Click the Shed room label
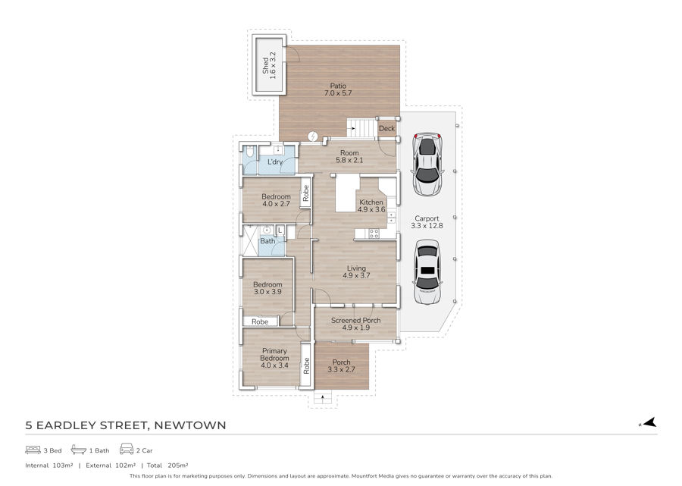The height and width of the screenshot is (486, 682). [265, 65]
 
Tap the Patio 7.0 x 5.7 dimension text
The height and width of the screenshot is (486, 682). [338, 93]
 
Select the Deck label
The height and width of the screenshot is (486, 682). [386, 128]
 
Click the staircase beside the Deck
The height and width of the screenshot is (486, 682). [361, 128]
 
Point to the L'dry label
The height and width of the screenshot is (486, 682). [275, 161]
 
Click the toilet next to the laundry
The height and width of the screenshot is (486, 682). [250, 153]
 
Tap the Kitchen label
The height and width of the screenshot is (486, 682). [371, 202]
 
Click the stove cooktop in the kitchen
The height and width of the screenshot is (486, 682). [374, 234]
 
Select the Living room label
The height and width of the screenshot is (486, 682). [356, 268]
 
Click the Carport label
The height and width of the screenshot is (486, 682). [427, 218]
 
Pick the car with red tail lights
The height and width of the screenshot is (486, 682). [427, 164]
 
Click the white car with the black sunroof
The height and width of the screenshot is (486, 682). [427, 272]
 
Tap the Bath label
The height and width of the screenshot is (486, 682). [267, 241]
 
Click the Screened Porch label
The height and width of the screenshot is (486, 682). [356, 320]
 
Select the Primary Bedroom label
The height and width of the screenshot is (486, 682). [274, 355]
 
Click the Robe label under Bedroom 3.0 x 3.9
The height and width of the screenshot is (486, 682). [260, 322]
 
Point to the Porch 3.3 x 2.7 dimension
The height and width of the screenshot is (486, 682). [342, 369]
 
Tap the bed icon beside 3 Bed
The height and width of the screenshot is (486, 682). [33, 450]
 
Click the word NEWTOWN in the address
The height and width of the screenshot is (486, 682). [190, 425]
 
